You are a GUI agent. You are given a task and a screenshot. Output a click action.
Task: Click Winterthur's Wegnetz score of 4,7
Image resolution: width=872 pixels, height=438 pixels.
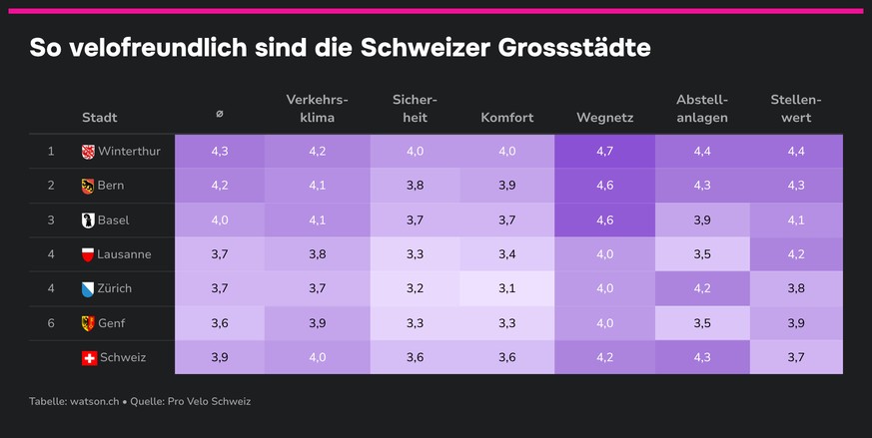pyautogui.click(x=604, y=152)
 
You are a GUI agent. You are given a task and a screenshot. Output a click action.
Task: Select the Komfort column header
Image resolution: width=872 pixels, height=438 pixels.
pyautogui.click(x=507, y=118)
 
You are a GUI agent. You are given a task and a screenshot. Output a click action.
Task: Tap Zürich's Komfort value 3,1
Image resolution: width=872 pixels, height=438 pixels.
pyautogui.click(x=507, y=288)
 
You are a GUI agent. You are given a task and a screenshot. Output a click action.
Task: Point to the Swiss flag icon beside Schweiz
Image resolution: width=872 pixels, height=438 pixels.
pyautogui.click(x=89, y=358)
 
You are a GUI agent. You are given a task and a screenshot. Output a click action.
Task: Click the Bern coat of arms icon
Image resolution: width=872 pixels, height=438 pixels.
pyautogui.click(x=88, y=187)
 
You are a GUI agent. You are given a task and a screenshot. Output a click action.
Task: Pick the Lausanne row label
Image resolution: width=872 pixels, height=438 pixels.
pyautogui.click(x=124, y=254)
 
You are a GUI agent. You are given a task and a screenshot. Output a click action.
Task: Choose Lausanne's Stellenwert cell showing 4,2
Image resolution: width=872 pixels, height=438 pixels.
pyautogui.click(x=796, y=254)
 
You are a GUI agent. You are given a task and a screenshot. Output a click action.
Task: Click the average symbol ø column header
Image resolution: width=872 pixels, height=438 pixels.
pyautogui.click(x=220, y=114)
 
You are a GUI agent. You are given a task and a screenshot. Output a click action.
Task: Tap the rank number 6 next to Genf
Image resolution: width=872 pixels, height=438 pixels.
pyautogui.click(x=51, y=323)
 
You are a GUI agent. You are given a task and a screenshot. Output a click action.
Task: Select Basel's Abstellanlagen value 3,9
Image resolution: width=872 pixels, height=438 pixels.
pyautogui.click(x=702, y=220)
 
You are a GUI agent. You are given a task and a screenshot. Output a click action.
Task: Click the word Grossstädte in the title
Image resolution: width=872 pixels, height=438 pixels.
pyautogui.click(x=574, y=48)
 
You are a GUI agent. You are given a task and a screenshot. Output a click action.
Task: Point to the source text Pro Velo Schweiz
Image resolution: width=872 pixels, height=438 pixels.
pyautogui.click(x=209, y=401)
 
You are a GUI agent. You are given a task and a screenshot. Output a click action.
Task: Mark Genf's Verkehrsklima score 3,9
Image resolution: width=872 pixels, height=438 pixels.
pyautogui.click(x=317, y=323)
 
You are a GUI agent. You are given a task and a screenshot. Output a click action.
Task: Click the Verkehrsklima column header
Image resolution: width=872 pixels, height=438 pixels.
pyautogui.click(x=317, y=109)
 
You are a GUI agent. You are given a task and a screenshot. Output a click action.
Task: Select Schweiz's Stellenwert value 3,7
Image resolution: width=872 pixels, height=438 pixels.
pyautogui.click(x=796, y=357)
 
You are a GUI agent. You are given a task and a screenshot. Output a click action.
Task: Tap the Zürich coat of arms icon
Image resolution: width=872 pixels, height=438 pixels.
pyautogui.click(x=88, y=289)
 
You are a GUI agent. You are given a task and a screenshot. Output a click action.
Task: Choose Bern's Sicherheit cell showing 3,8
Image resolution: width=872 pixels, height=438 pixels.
pyautogui.click(x=415, y=186)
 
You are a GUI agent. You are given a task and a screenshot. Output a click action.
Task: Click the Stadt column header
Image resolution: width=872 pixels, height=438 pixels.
pyautogui.click(x=100, y=118)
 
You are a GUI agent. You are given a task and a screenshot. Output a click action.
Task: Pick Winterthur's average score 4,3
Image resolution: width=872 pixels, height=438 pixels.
pyautogui.click(x=220, y=152)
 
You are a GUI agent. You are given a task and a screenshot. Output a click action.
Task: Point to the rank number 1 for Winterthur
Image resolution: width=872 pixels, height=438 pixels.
pyautogui.click(x=51, y=152)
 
